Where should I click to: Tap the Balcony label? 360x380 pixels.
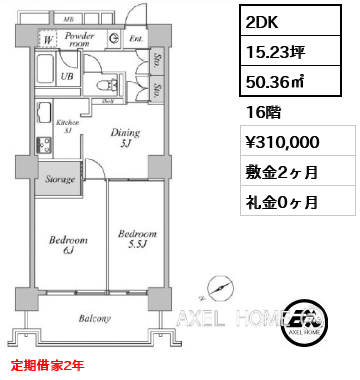click(x=95, y=319)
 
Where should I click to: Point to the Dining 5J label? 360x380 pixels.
click(x=124, y=136)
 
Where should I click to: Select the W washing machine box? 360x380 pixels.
click(x=47, y=40)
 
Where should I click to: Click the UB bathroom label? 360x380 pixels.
click(x=67, y=76)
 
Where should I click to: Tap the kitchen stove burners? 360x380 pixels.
click(x=43, y=146)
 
